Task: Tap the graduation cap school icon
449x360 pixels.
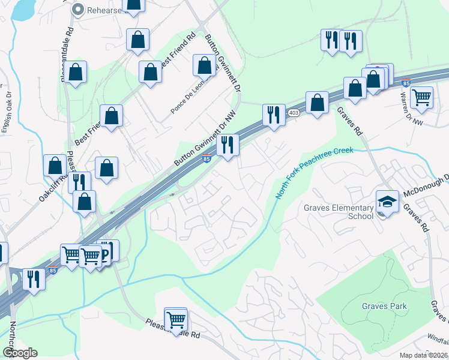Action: [x=387, y=202]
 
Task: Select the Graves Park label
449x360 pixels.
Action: [x=384, y=306]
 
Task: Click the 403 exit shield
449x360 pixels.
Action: [x=294, y=113]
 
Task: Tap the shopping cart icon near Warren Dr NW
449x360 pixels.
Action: [x=422, y=96]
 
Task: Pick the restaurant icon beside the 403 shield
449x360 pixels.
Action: [x=274, y=115]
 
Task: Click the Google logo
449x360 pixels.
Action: [x=20, y=353]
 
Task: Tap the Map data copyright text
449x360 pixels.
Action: [x=424, y=355]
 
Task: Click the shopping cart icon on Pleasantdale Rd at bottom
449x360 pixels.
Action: [x=176, y=318]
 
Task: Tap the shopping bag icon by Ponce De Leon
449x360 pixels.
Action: [x=204, y=65]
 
